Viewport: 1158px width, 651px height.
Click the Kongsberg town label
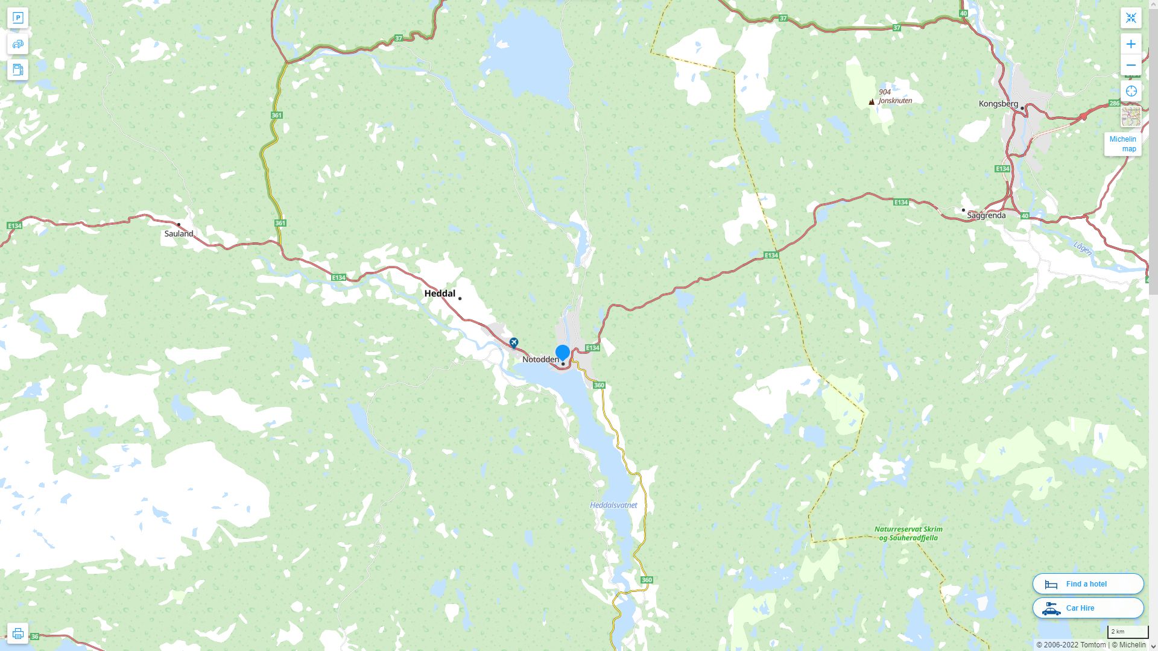(998, 104)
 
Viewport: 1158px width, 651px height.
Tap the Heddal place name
(440, 294)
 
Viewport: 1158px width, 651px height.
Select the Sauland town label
(179, 234)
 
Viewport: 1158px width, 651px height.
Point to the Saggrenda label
(986, 215)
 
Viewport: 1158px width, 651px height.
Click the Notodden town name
(540, 359)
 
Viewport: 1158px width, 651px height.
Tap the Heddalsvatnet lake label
(613, 505)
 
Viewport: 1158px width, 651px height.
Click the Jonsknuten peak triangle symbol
(872, 102)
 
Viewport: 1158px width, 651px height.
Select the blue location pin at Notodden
(563, 353)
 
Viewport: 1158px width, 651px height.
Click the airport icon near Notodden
(514, 342)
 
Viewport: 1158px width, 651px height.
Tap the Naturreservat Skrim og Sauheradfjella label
(908, 533)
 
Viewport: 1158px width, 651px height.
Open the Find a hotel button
(1087, 583)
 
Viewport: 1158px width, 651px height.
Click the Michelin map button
(1122, 144)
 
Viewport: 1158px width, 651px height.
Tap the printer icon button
(17, 633)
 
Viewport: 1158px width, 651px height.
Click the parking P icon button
(17, 17)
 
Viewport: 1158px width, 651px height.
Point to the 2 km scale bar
(1127, 632)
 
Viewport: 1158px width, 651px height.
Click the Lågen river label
(1083, 248)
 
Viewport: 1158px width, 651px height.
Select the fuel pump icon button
(17, 69)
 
